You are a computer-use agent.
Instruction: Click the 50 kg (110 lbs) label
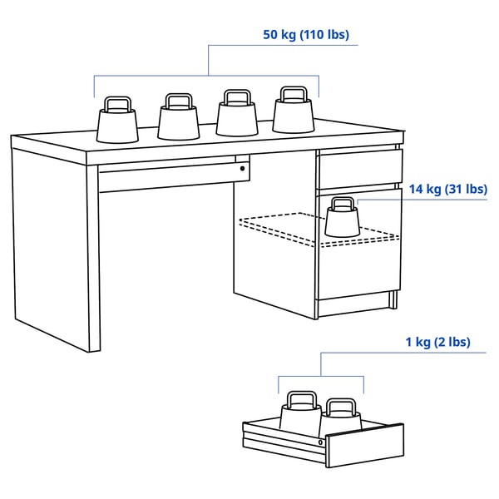(306, 35)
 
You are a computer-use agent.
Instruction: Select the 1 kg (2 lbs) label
(437, 343)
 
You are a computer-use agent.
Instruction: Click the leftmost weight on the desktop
(116, 124)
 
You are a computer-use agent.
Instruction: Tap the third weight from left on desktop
(236, 118)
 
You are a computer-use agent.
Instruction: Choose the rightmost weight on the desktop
(294, 116)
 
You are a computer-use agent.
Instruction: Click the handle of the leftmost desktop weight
(116, 102)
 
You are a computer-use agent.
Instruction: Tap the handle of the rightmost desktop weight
(294, 92)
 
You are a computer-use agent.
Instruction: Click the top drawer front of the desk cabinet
(359, 169)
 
